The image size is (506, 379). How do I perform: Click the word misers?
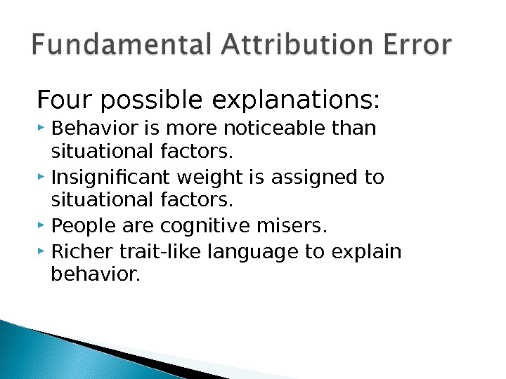(x=293, y=227)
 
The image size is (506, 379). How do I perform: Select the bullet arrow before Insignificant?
(x=43, y=178)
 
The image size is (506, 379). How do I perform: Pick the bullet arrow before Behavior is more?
(x=43, y=128)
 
